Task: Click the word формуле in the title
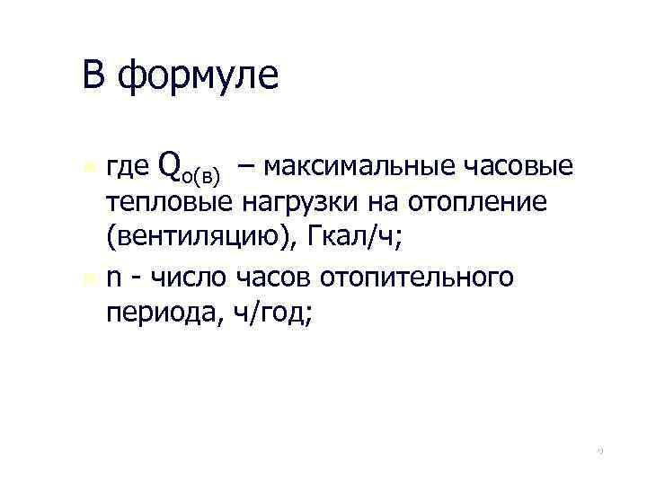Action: tap(199, 75)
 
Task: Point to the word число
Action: tap(184, 277)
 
